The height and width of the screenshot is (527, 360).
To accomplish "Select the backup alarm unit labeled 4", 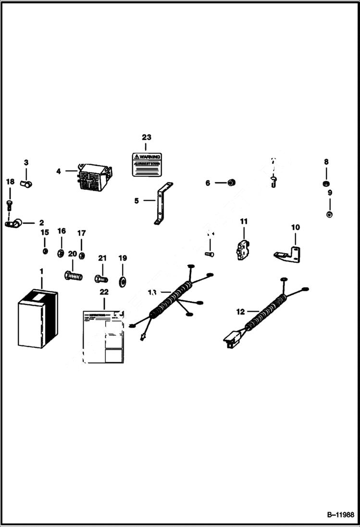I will click(94, 176).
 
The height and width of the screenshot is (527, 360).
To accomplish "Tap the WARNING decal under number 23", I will click(147, 164).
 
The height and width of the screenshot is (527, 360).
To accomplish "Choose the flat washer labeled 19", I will click(123, 280).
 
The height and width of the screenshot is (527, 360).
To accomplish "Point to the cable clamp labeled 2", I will click(13, 222).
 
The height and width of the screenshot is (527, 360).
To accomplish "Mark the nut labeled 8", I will click(326, 184).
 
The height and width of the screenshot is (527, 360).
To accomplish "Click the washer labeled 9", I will click(329, 214).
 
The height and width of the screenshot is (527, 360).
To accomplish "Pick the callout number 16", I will click(62, 231).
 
